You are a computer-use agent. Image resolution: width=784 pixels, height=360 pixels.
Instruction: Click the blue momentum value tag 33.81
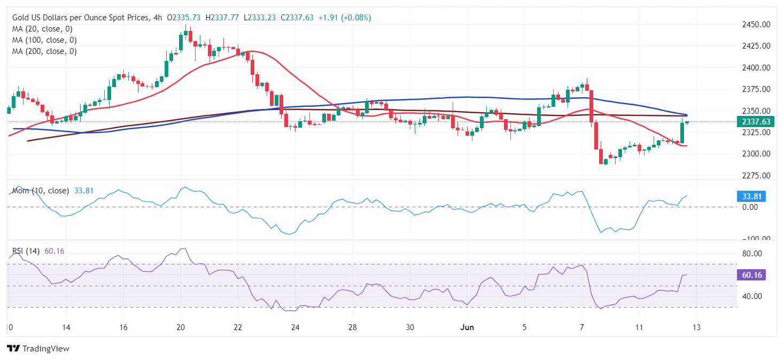(751, 197)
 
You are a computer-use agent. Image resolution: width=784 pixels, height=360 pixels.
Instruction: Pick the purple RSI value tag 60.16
(751, 275)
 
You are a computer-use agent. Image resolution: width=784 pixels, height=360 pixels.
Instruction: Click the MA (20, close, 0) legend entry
(42, 29)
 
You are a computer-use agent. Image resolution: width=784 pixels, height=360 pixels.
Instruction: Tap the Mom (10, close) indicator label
(41, 191)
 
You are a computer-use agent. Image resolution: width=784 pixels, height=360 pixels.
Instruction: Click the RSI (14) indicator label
(26, 251)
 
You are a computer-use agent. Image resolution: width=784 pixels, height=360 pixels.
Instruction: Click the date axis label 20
(181, 327)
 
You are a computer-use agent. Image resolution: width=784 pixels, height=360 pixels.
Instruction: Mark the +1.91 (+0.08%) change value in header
(344, 18)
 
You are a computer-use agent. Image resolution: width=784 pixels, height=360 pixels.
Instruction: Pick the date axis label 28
(352, 327)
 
